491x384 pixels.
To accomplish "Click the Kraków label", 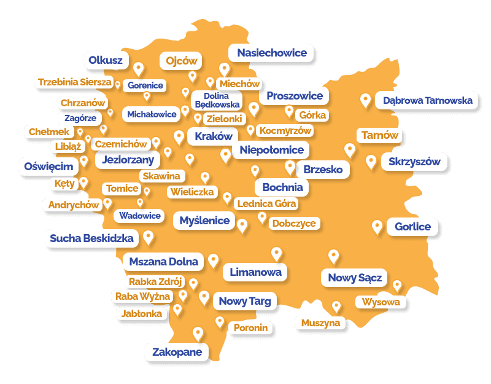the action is (213, 136).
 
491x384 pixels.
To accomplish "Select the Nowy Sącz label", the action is (355, 278).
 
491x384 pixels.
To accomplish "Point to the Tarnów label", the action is (380, 135).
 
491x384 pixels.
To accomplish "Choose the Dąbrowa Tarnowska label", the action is (428, 100).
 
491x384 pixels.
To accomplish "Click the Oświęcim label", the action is (48, 166).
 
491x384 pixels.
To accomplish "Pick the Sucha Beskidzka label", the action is (91, 238).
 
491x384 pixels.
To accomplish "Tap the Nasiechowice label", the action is (271, 53).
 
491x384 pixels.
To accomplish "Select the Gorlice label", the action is (412, 227).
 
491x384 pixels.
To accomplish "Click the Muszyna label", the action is (320, 323).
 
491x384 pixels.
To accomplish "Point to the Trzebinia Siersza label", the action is (74, 82).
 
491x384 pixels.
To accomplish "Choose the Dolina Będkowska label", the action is (216, 100).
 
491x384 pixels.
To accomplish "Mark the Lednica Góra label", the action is (266, 203).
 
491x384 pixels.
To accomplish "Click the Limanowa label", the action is (255, 272).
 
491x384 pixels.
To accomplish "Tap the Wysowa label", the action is (381, 302).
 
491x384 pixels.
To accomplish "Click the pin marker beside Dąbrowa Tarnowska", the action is (366, 100).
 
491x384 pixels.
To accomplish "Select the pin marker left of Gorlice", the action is (377, 227).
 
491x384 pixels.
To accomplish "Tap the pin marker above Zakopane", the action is (198, 334).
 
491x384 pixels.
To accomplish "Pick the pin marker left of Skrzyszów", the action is (371, 162).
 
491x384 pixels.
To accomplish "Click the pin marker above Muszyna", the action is (336, 307).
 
